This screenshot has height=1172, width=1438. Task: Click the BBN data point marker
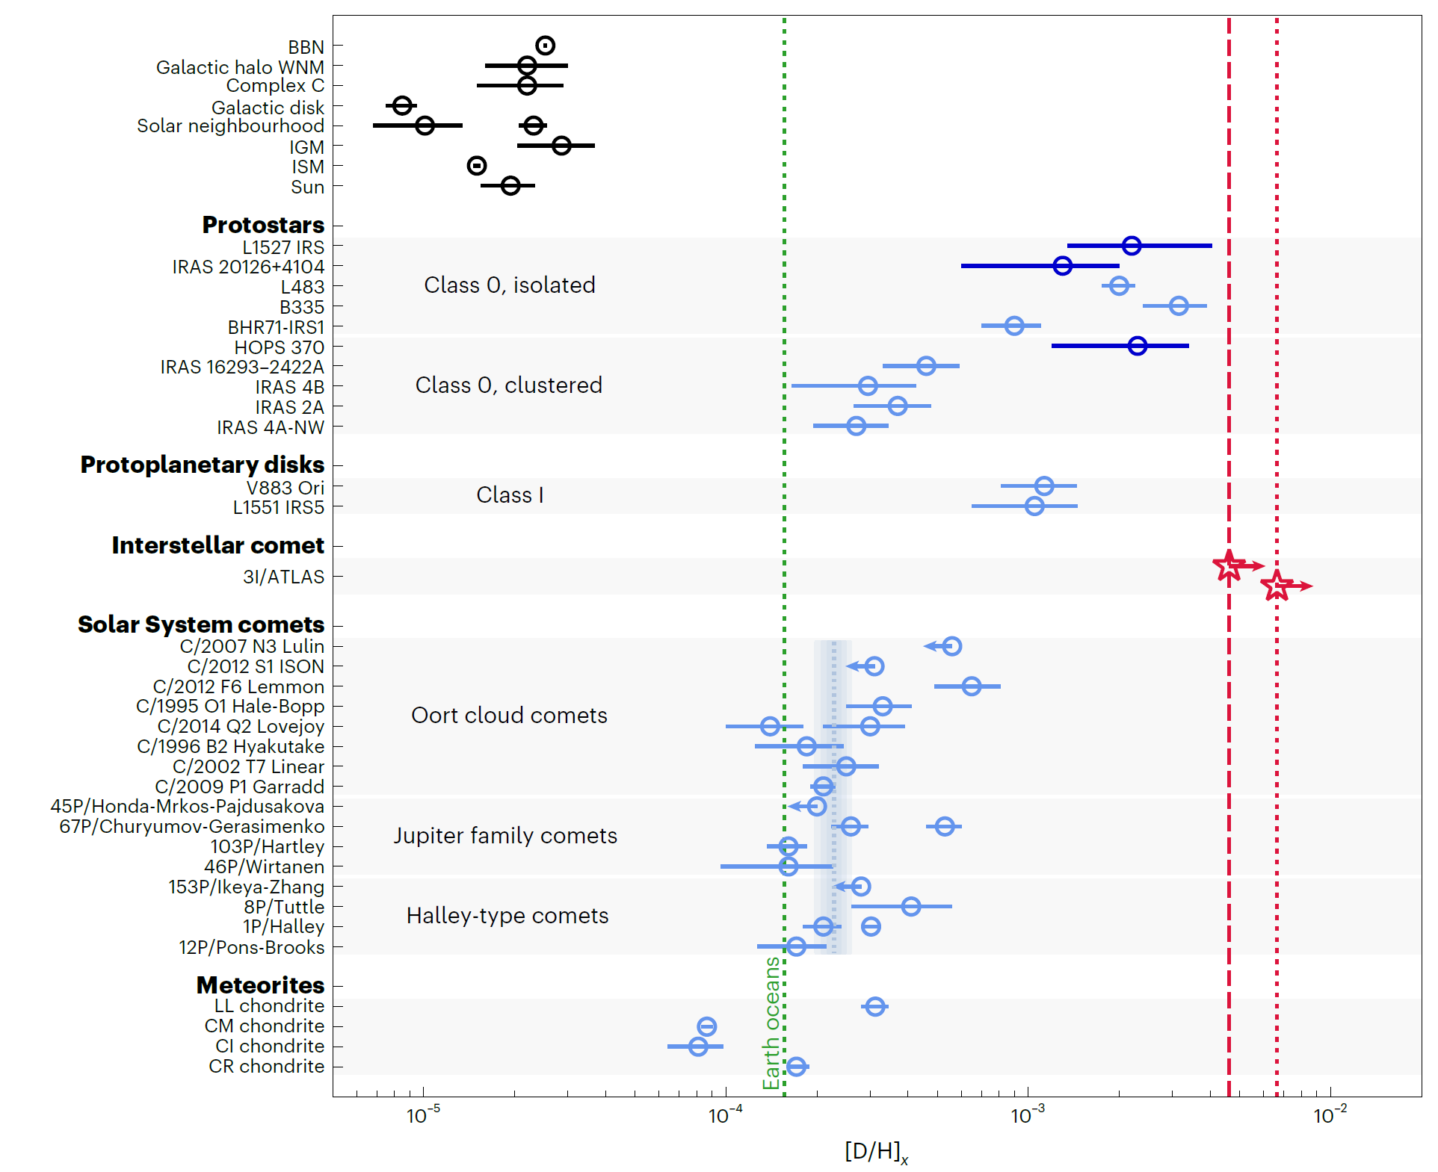(x=545, y=46)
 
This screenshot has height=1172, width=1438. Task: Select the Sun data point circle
(x=510, y=185)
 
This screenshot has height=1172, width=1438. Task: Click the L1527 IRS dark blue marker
(x=1132, y=245)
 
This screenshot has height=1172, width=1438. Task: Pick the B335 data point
(x=1179, y=306)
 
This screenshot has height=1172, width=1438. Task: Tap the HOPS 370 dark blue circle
(x=1138, y=345)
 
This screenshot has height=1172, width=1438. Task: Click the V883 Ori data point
(x=1044, y=486)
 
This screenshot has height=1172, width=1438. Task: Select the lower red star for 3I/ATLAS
(x=1277, y=586)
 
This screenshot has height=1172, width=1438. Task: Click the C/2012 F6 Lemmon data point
(x=971, y=686)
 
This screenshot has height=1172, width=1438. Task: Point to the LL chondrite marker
(x=875, y=1006)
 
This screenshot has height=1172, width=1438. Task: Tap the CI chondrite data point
(x=698, y=1046)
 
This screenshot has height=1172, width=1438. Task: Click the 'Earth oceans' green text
(x=771, y=1023)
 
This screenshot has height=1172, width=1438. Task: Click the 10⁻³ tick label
(x=1028, y=1115)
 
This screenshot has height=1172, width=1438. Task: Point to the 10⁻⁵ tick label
(x=423, y=1115)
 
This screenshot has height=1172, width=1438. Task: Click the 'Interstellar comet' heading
(x=217, y=545)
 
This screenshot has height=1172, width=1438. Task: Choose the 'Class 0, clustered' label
(x=508, y=385)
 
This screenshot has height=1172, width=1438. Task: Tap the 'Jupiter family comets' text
(x=505, y=835)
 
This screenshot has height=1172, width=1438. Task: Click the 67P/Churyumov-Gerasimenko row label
(x=191, y=826)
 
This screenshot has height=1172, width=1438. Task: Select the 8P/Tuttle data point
(x=910, y=906)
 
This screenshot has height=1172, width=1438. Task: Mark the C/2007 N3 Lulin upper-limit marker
(x=951, y=645)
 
